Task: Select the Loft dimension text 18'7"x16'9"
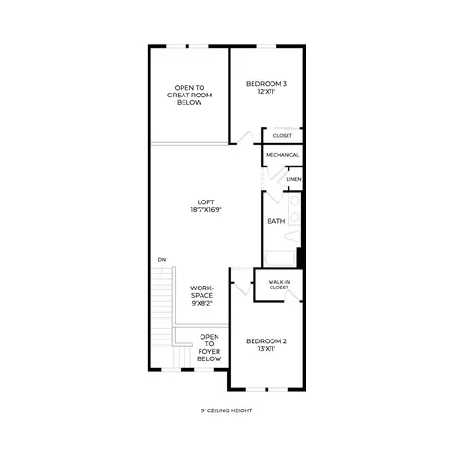coord(206,210)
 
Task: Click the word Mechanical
coord(282,155)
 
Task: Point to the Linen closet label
coord(293,179)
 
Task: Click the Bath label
coord(276,221)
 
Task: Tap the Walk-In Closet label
coord(279,285)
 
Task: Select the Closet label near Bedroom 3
coord(283,136)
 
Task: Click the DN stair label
coord(162,260)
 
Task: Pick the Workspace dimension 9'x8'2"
coord(201,304)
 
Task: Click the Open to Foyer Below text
coord(209,348)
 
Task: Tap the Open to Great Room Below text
coord(189,95)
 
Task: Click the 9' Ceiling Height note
coord(226,410)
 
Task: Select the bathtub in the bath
coord(280,258)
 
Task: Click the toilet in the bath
coord(292,236)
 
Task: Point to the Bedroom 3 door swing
coord(246,138)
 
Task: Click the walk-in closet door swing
coord(292,296)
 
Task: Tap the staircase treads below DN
coord(162,306)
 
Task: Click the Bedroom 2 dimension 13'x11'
coord(266,349)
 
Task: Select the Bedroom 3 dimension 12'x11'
coord(266,92)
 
